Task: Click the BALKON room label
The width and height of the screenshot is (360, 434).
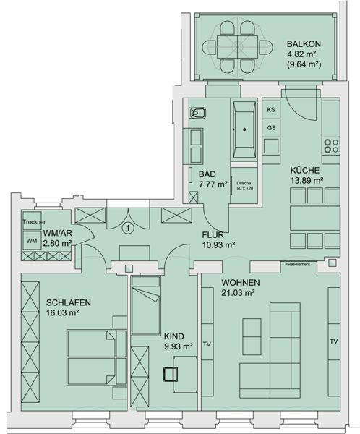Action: point(304,44)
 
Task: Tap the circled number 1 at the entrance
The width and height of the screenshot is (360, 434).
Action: point(127,229)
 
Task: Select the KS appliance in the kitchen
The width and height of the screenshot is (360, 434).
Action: point(271,110)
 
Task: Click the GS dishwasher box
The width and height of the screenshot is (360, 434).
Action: point(271,128)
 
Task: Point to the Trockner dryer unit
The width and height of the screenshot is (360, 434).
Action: point(32,221)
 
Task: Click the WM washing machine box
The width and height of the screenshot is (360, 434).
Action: point(32,241)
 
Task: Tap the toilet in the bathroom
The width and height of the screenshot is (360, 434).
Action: point(197,113)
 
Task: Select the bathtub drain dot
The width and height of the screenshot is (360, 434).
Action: point(244,129)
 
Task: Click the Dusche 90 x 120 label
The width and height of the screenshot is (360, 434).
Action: point(244,186)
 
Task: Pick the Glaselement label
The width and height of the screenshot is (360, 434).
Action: point(298,264)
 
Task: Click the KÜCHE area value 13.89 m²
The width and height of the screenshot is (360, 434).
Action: point(307,180)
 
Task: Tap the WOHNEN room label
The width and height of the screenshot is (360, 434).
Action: point(241,283)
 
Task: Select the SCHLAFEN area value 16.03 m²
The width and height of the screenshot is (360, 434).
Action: point(63,312)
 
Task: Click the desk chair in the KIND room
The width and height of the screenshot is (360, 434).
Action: point(171,374)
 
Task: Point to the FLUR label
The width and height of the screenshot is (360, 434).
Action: point(213,235)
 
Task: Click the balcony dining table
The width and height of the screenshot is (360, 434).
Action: point(237,46)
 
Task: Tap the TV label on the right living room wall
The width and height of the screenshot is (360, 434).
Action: point(334,341)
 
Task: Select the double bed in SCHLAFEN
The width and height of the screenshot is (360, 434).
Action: point(97,357)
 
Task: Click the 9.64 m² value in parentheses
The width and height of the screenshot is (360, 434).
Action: point(304,64)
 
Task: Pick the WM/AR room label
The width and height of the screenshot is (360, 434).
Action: point(58,233)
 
